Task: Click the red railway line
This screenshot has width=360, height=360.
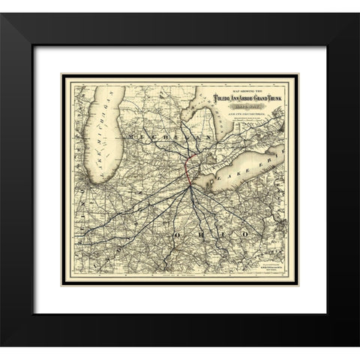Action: (x=187, y=168)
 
